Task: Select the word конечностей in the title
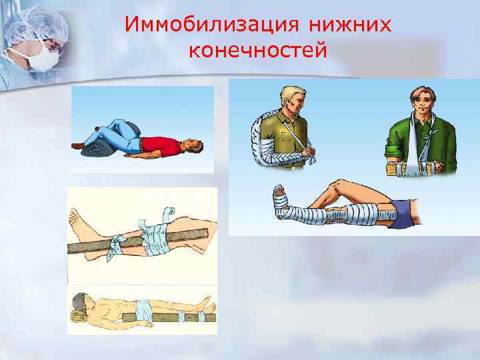[x=257, y=50]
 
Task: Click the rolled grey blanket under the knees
[x=100, y=147]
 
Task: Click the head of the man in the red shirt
[x=195, y=142]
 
